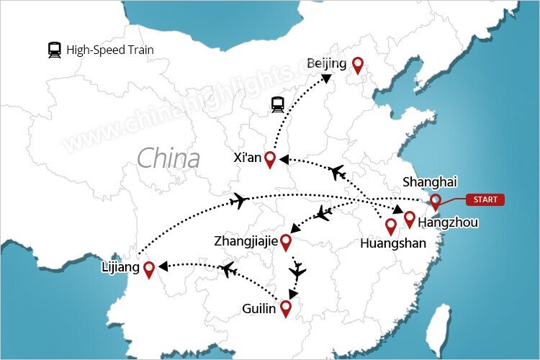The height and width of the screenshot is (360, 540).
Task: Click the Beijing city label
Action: click(326, 64)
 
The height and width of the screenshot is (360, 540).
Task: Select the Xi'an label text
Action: click(247, 157)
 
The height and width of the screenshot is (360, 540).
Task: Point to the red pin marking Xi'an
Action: click(270, 159)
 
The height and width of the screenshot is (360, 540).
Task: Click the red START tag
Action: click(485, 199)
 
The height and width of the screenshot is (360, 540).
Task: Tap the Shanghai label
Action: click(430, 181)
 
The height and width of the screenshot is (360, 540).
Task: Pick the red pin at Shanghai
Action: click(436, 202)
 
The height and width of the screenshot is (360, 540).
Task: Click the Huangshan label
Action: click(392, 243)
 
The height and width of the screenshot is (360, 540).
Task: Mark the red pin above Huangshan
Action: click(391, 226)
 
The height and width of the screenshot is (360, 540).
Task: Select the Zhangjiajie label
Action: click(246, 240)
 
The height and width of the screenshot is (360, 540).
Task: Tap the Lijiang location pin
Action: click(149, 269)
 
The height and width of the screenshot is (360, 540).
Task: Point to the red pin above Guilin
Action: click(286, 308)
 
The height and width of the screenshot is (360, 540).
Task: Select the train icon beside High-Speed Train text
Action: click(54, 50)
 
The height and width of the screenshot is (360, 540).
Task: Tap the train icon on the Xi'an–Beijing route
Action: click(278, 105)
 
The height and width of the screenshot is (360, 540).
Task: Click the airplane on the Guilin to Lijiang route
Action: click(229, 270)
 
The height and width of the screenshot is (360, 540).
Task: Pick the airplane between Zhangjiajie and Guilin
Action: click(297, 271)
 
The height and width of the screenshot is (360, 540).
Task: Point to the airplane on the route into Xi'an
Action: click(337, 172)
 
